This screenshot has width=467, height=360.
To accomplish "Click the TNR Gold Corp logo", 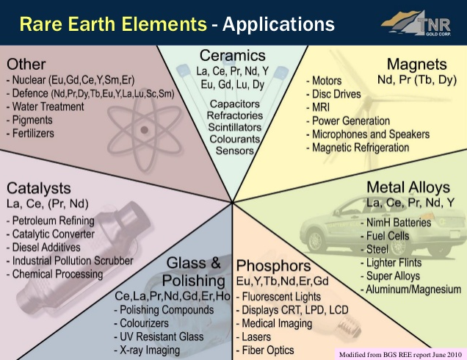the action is pos(416,24).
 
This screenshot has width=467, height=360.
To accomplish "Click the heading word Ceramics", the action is pos(233,56).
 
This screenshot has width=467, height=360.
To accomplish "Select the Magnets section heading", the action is pos(416,65).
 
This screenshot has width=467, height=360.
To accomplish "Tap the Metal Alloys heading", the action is pos(408,187).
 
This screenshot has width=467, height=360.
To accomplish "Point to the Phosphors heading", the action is pos(273,266).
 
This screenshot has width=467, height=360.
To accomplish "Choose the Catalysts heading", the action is pos(39,188).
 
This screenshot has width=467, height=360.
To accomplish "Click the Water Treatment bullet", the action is pos(46,107).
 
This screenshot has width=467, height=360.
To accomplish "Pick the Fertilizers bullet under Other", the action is pos(30,133).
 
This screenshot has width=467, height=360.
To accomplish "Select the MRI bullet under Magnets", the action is pos(318,107).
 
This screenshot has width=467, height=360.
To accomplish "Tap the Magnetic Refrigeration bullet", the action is pos(358,148).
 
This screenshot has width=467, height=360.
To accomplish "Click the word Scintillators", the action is pos(235,127).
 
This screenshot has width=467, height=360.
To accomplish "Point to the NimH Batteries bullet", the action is pos(396,223).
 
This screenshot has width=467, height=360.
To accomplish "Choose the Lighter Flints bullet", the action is pos(391,263).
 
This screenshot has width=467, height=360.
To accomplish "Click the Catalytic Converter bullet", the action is pos(51,234).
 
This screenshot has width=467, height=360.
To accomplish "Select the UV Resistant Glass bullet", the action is pos(159,336).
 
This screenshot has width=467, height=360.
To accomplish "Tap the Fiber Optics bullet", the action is pos(265,350).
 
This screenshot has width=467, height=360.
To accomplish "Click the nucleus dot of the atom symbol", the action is pos(145,130).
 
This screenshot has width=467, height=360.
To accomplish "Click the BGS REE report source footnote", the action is pos(400,355).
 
